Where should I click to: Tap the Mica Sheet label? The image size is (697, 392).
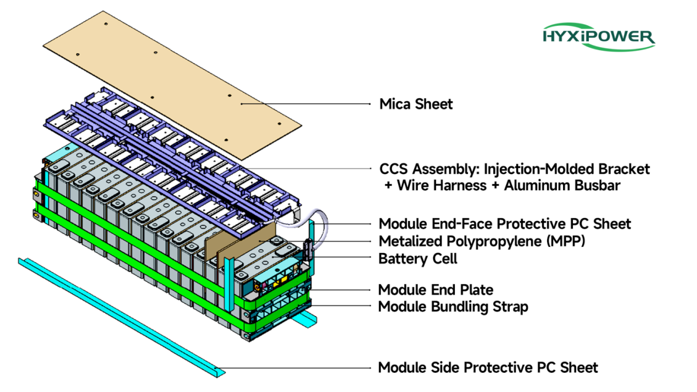tap(416, 104)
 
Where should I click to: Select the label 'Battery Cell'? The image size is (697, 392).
tap(417, 258)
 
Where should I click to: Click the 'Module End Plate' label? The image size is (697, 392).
tap(436, 290)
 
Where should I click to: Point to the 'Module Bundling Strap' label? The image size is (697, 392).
tap(453, 306)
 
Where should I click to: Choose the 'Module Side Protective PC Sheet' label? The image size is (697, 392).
tap(488, 367)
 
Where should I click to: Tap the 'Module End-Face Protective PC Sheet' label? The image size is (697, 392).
tap(505, 224)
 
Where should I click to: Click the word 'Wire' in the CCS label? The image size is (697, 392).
tap(414, 185)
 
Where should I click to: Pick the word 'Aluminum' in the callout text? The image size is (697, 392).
tap(528, 185)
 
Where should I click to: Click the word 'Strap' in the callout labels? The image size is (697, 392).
tap(510, 306)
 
